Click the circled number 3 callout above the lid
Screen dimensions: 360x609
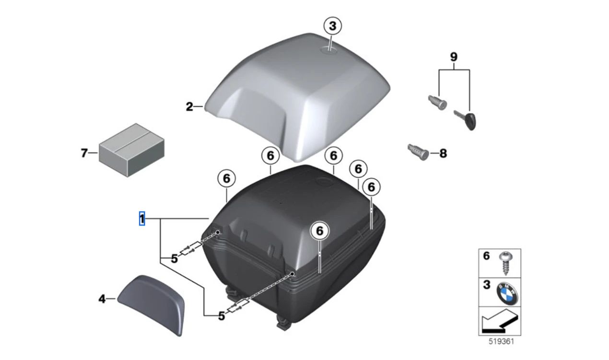pos(332,25)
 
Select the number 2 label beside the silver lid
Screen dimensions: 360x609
pos(189,107)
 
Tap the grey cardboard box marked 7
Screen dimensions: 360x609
pos(131,150)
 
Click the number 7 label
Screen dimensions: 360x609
pos(84,153)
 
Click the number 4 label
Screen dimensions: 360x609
pos(102,299)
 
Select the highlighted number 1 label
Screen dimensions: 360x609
pos(142,219)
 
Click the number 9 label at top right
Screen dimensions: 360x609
pos(454,57)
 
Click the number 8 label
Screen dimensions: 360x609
pos(443,153)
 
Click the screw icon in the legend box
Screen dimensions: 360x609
pos(504,262)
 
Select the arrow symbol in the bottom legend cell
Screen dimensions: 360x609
pos(499,322)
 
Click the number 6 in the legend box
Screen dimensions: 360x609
pos(486,256)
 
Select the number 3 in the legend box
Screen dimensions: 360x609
pos(486,285)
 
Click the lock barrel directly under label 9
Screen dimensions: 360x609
pos(437,102)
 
